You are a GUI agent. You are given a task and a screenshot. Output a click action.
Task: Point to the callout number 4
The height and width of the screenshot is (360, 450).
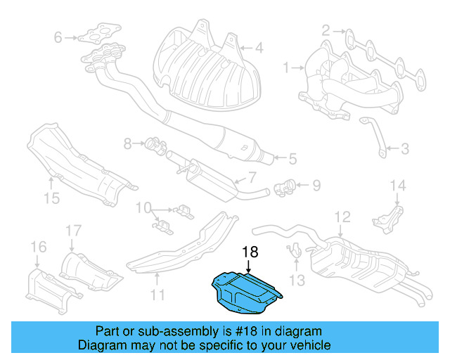tap(258, 49)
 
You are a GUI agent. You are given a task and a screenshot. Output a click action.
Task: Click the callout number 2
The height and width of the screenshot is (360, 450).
tap(326, 30)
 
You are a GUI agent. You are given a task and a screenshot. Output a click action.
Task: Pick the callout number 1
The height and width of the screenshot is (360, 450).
tap(286, 68)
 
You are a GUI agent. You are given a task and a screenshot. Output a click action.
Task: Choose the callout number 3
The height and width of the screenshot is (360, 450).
tap(405, 148)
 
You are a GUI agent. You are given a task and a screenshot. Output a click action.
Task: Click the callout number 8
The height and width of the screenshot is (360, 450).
tap(128, 143)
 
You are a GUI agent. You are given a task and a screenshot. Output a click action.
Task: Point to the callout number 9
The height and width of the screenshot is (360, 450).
tap(316, 186)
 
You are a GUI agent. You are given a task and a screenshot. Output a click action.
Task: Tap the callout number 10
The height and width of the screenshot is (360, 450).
tap(143, 207)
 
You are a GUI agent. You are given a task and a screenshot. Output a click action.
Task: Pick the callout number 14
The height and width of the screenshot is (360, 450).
tap(398, 186)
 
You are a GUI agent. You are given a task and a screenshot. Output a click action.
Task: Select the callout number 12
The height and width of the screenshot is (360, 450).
tap(342, 216)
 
